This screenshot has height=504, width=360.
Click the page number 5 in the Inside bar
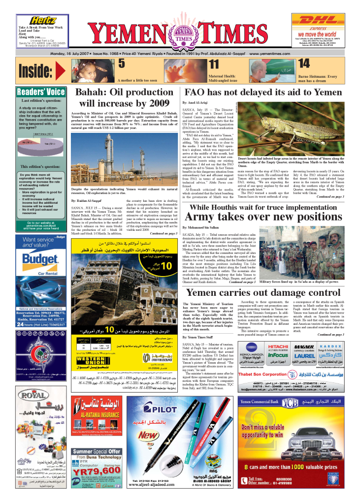pos(121,63)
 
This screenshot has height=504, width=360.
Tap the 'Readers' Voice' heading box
pos(41,92)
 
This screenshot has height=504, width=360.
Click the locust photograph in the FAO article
pos(299,129)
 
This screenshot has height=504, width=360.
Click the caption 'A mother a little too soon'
pos(137,80)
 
